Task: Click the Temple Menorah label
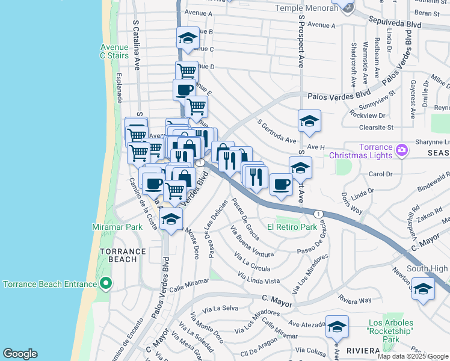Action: pyautogui.click(x=305, y=8)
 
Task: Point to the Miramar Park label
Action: pyautogui.click(x=117, y=227)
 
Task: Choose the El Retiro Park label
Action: pyautogui.click(x=292, y=227)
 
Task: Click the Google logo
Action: pyautogui.click(x=20, y=354)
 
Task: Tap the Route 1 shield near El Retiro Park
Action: pyautogui.click(x=319, y=214)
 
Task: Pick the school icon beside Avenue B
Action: pyautogui.click(x=188, y=38)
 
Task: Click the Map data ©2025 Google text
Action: pyautogui.click(x=413, y=356)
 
